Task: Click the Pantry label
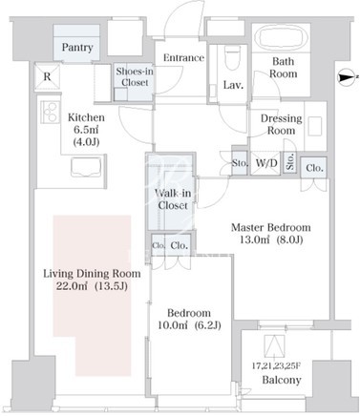click(77, 48)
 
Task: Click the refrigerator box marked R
click(47, 76)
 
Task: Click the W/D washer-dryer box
click(266, 163)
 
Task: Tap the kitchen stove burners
click(51, 112)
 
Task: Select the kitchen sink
click(87, 167)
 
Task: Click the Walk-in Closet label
click(173, 199)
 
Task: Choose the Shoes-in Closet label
click(135, 76)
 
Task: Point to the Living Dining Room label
click(92, 274)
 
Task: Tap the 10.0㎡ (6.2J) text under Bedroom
click(189, 325)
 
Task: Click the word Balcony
click(282, 380)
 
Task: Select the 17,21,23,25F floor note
click(276, 366)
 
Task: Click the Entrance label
click(183, 58)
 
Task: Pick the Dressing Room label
click(281, 124)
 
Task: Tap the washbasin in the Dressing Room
click(315, 126)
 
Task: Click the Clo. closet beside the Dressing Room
click(314, 168)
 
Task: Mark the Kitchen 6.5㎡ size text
click(87, 130)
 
